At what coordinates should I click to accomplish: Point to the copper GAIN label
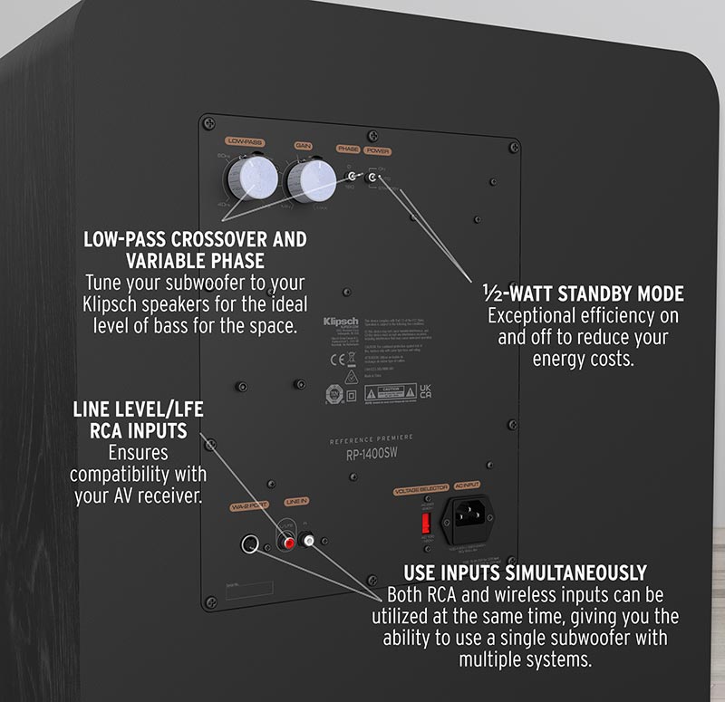(x=304, y=145)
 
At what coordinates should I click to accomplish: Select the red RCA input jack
(x=290, y=543)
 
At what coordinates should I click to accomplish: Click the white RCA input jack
(x=310, y=542)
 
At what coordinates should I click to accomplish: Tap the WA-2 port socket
(x=249, y=544)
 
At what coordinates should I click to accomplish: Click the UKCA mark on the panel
(x=424, y=393)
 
